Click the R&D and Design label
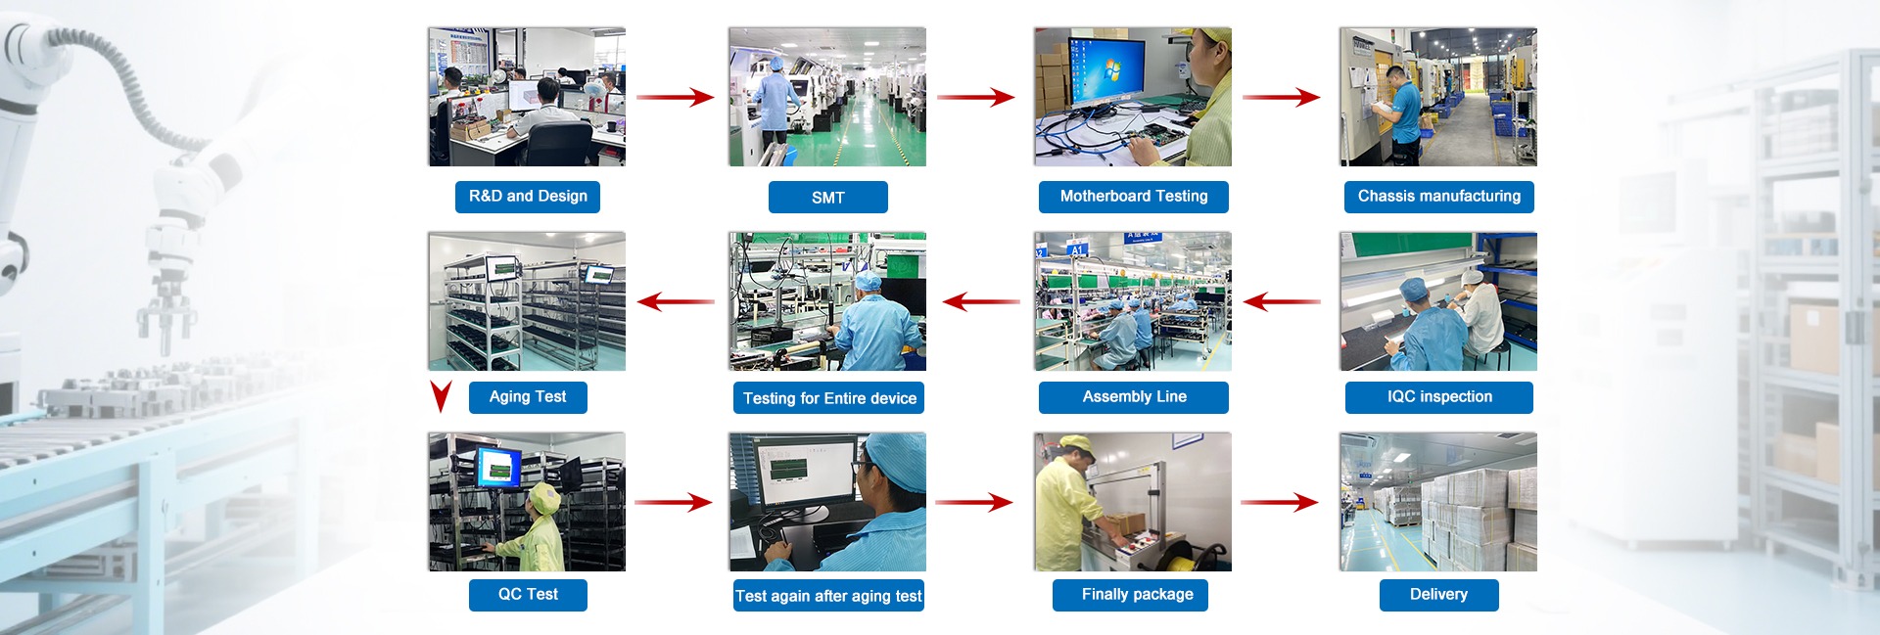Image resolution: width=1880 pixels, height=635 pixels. tap(528, 197)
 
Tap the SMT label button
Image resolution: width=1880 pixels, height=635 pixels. tap(828, 198)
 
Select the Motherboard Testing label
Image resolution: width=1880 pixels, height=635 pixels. tap(1134, 197)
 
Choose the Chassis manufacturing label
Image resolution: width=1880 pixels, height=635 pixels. tap(1439, 197)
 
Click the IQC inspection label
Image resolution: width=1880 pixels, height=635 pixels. tap(1439, 397)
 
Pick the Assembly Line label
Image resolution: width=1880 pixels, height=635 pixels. tap(1134, 397)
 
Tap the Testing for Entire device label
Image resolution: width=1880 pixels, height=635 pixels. tap(828, 398)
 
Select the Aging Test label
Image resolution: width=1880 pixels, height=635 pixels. tap(528, 397)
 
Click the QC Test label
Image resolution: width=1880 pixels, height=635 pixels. tap(528, 595)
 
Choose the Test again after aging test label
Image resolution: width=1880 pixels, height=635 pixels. tap(828, 596)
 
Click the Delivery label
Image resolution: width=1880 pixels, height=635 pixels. tap(1439, 595)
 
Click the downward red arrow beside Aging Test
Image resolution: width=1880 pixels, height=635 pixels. tap(442, 396)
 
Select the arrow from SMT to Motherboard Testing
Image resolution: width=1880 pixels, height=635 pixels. tap(975, 97)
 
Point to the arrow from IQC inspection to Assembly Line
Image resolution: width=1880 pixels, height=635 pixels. tap(1282, 301)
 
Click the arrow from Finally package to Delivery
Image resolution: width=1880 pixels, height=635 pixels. tap(1280, 502)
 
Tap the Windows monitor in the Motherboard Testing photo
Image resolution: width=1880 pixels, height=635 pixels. tap(1106, 71)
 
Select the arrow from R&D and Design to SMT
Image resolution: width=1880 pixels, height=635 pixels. tap(676, 97)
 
